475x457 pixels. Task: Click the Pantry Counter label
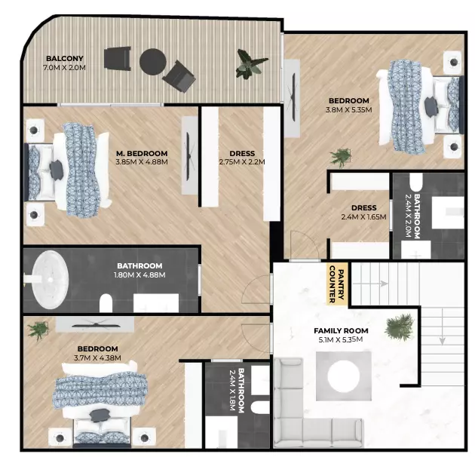(336, 284)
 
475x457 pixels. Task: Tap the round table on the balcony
(152, 62)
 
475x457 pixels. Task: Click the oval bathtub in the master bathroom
(51, 280)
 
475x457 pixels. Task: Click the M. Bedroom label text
(142, 153)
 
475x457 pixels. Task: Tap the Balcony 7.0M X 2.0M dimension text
(64, 68)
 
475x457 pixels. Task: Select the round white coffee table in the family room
(344, 376)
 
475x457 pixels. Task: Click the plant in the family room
(399, 327)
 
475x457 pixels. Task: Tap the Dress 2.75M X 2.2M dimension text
(242, 162)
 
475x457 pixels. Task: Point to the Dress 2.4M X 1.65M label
(364, 212)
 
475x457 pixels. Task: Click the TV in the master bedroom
(188, 156)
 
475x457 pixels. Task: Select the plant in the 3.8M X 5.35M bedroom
(341, 158)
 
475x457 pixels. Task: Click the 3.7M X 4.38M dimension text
(97, 358)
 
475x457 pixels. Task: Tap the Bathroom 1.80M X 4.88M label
(139, 270)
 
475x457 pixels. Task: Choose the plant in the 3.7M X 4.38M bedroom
(38, 330)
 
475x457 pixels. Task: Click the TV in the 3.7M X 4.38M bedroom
(96, 325)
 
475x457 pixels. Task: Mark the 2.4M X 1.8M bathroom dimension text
(232, 390)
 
